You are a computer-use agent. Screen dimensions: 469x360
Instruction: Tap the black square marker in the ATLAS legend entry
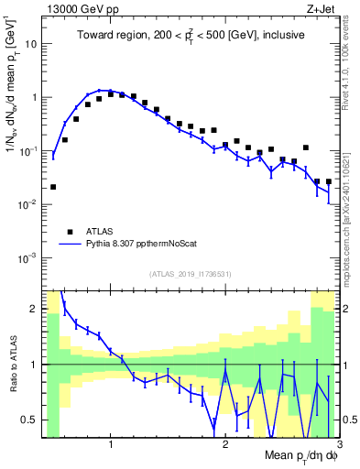[x=69, y=232]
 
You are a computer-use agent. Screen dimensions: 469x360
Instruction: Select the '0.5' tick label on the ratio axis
[x=30, y=420]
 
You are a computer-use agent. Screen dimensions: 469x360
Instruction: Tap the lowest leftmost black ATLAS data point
[x=53, y=187]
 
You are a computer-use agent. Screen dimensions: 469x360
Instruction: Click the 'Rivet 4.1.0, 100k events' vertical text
[x=352, y=64]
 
